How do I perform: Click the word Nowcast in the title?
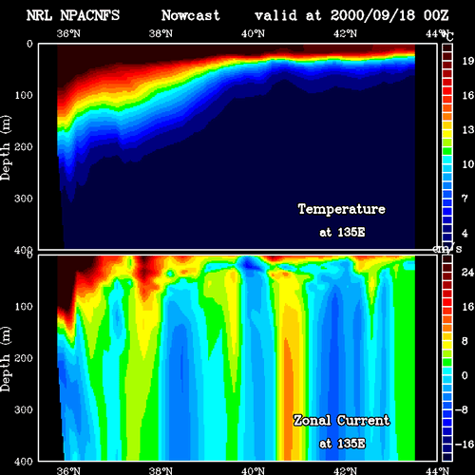[x=191, y=15]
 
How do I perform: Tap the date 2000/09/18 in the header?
[x=372, y=15]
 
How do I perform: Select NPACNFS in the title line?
[x=90, y=15]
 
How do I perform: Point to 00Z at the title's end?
[x=436, y=15]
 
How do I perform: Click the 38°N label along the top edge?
[x=161, y=33]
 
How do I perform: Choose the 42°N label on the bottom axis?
[x=345, y=470]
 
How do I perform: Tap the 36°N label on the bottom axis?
[x=68, y=470]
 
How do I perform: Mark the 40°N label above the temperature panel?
[x=253, y=33]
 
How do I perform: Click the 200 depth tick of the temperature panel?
[x=24, y=146]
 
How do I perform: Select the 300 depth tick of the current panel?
[x=24, y=409]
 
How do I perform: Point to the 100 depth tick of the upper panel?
[x=24, y=95]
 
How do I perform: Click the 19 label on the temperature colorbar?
[x=468, y=61]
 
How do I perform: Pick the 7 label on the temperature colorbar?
[x=465, y=199]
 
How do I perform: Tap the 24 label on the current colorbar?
[x=467, y=272]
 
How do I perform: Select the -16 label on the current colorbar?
[x=465, y=445]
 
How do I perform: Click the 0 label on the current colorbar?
[x=465, y=375]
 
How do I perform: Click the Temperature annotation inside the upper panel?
[x=342, y=209]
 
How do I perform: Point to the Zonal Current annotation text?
[x=342, y=421]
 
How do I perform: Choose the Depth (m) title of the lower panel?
[x=6, y=359]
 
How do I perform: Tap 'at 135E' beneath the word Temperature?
[x=342, y=232]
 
